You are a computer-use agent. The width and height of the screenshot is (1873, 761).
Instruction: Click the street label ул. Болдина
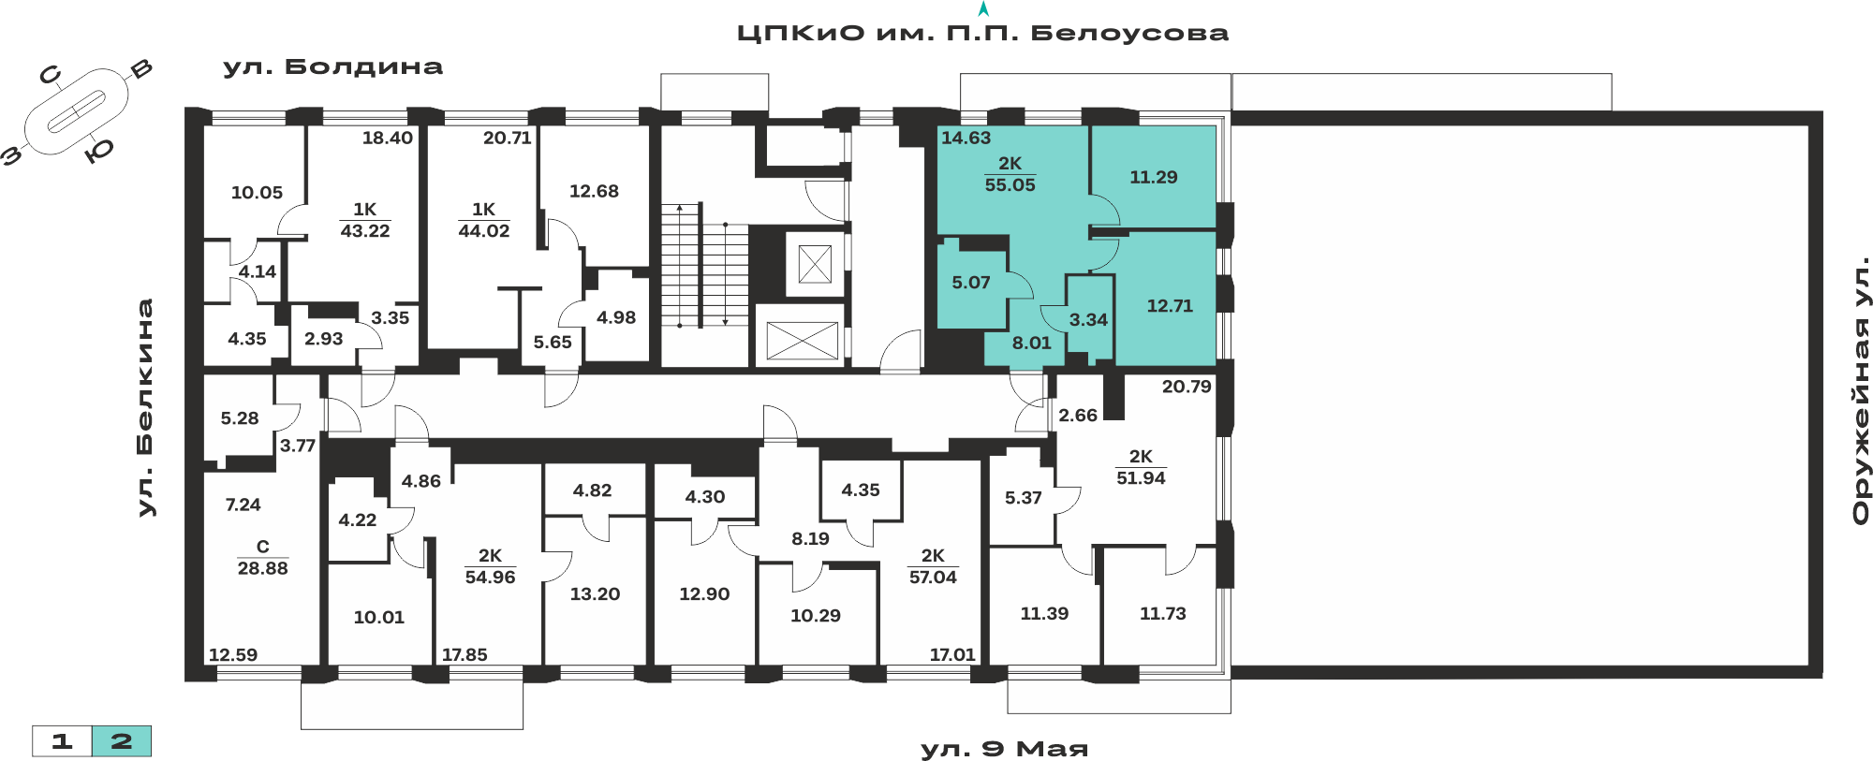[x=332, y=67]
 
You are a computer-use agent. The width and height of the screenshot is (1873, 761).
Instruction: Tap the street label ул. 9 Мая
[x=1004, y=749]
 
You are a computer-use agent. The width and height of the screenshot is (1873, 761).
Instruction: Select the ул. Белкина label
[x=144, y=407]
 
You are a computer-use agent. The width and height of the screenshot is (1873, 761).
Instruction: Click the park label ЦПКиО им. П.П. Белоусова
[x=982, y=34]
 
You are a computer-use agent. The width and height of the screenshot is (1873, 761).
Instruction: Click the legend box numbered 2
[x=122, y=741]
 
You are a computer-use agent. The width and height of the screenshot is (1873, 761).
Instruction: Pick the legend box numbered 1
[x=62, y=741]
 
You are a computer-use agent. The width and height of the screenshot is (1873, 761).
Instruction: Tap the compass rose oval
[x=76, y=112]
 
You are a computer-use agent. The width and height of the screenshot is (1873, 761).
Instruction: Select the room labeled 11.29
[x=1153, y=177]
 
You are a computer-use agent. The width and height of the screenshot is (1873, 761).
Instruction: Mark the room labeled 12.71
[x=1170, y=306]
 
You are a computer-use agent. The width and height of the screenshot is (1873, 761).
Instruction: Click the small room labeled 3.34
[x=1088, y=320]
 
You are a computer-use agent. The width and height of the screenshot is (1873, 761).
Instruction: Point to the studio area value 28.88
[x=262, y=568]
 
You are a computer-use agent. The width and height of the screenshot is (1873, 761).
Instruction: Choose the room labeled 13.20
[x=595, y=594]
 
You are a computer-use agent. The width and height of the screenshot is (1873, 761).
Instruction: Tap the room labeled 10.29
[x=815, y=616]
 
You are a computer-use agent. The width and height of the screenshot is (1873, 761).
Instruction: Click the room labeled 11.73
[x=1162, y=614]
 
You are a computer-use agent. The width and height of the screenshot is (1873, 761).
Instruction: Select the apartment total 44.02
[x=483, y=231]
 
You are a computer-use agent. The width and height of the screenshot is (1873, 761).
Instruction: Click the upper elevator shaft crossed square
[x=815, y=264]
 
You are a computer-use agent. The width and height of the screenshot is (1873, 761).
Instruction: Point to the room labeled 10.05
[x=257, y=193]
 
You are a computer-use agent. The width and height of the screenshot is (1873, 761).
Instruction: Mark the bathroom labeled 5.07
[x=970, y=283]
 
